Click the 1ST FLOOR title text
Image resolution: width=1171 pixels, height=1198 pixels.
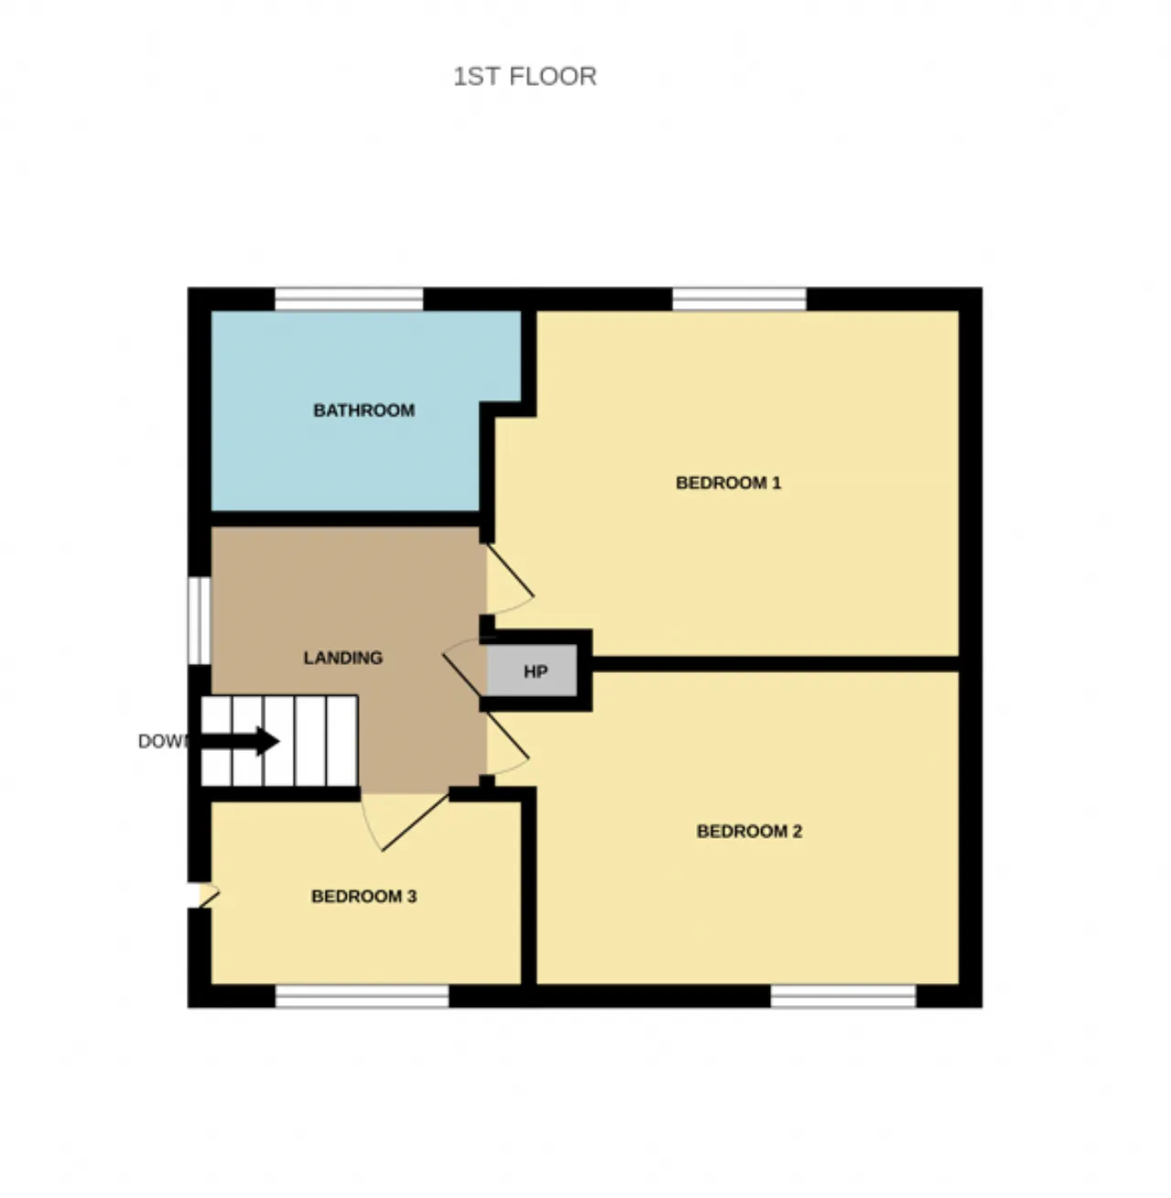click(x=525, y=77)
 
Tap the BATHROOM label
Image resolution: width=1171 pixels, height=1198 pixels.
click(x=364, y=410)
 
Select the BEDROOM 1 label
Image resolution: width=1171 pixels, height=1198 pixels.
click(x=728, y=483)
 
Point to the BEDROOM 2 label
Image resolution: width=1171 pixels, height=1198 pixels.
click(x=749, y=831)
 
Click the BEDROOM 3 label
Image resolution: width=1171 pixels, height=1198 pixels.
click(x=364, y=895)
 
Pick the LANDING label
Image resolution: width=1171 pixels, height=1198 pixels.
click(x=343, y=658)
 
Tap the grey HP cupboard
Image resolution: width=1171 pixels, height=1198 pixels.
click(x=532, y=670)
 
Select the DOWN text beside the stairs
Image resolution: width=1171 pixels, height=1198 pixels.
click(x=161, y=742)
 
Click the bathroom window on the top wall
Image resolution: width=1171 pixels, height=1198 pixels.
click(x=349, y=299)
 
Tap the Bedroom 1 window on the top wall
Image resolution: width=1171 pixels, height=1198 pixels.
click(x=739, y=299)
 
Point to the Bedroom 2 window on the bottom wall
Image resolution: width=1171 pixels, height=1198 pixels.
click(x=843, y=996)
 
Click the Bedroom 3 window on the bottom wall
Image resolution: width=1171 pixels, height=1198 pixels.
click(x=362, y=996)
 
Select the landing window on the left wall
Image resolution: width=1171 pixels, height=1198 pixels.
click(x=199, y=621)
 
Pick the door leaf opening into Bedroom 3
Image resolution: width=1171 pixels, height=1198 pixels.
click(x=414, y=822)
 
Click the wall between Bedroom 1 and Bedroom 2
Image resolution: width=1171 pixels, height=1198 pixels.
click(x=776, y=664)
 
